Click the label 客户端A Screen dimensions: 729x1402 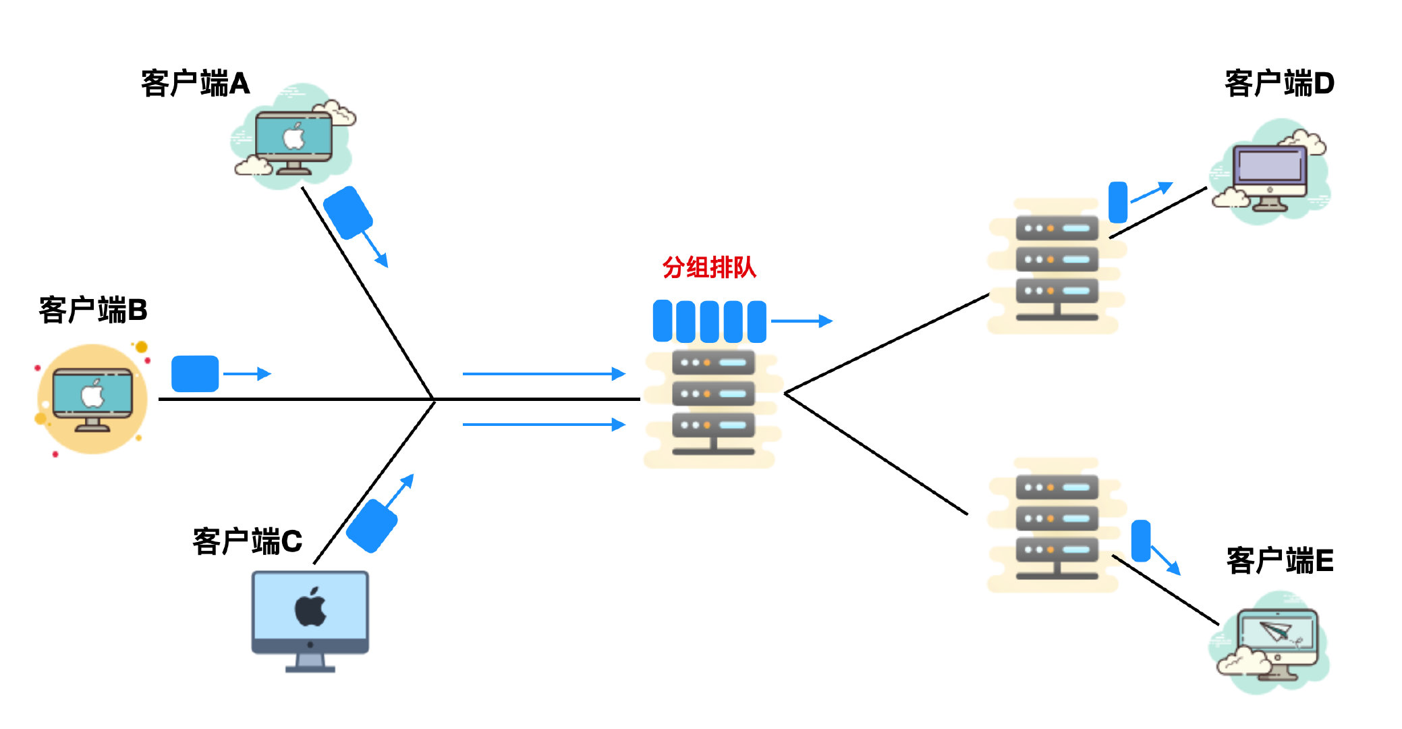click(x=196, y=84)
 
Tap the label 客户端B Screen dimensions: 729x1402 click(x=93, y=310)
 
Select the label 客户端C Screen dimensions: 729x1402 click(x=247, y=541)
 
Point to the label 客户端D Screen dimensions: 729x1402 click(x=1279, y=84)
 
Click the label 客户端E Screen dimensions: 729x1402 click(x=1280, y=560)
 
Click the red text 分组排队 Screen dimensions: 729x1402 click(x=709, y=267)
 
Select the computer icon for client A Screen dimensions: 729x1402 click(x=293, y=142)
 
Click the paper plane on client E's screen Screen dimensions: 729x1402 click(x=1275, y=632)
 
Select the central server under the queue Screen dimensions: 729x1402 click(x=713, y=405)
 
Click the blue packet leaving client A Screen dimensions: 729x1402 click(x=347, y=213)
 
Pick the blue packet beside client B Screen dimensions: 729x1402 click(x=195, y=373)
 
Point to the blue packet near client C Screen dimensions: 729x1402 click(x=371, y=526)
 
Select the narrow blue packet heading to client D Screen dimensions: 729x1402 click(x=1118, y=202)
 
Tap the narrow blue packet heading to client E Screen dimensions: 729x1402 click(x=1140, y=541)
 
